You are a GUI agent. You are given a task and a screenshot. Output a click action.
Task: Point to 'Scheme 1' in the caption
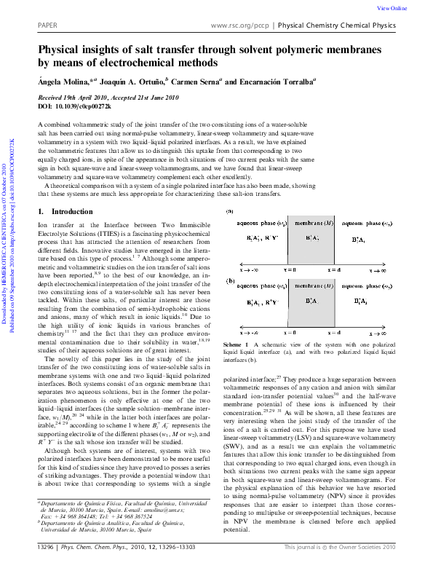point(237,343)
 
